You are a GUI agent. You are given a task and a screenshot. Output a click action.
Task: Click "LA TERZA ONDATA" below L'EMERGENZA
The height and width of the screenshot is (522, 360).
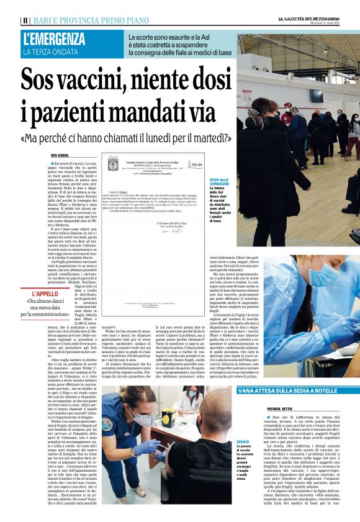click(x=50, y=52)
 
